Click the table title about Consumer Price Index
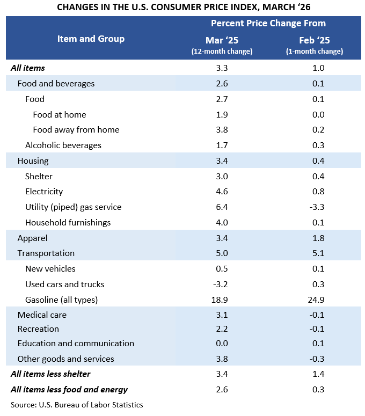coord(182,7)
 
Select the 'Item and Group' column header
coord(91,39)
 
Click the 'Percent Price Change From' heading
coord(268,24)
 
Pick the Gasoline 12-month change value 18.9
coord(222,300)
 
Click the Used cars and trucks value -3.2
coord(222,284)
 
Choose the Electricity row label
coord(44,191)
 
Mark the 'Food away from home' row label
coord(76,129)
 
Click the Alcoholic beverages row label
coord(63,145)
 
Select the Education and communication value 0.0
coord(222,343)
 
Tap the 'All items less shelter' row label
coord(50,374)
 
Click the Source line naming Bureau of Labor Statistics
coord(77,404)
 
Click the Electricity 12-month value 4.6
coord(222,191)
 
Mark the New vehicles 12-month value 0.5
coord(222,268)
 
